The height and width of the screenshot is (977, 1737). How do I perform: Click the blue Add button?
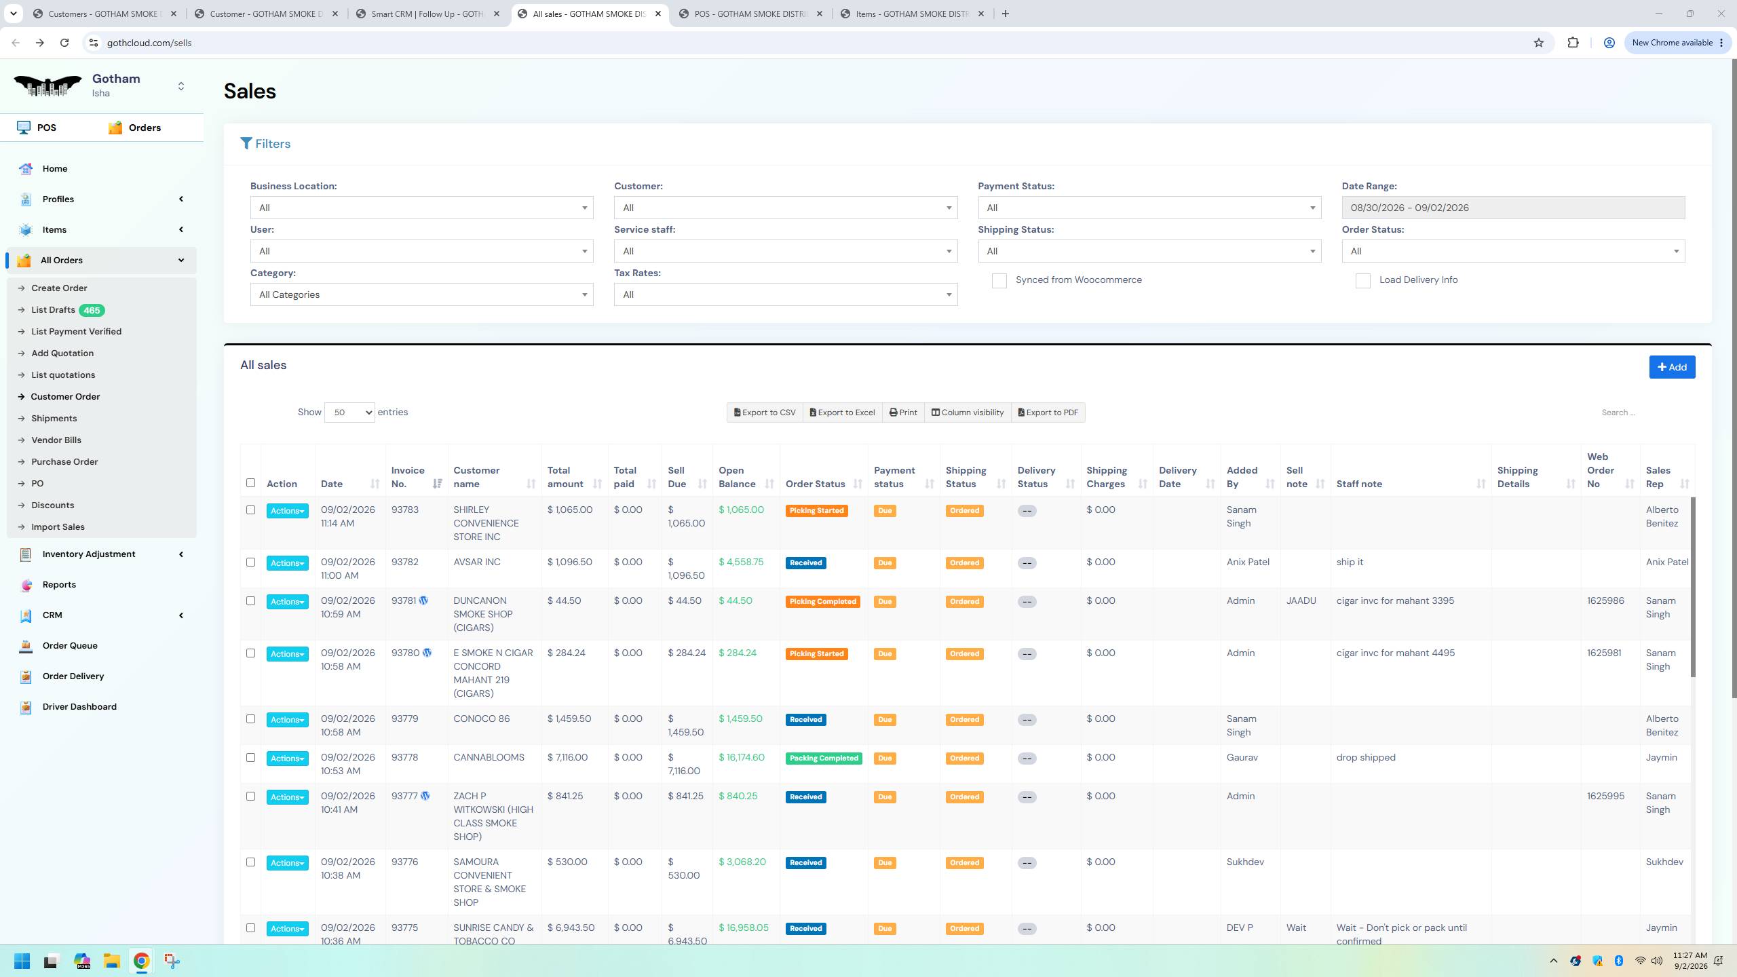(x=1672, y=367)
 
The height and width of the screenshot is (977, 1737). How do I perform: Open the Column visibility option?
(x=967, y=413)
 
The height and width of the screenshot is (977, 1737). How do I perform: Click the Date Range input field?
(x=1513, y=208)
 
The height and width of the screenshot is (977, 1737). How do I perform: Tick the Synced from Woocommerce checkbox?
(x=999, y=281)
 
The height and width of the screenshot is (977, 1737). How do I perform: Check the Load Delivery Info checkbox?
(x=1362, y=281)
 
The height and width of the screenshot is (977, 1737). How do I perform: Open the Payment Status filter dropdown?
(x=1149, y=208)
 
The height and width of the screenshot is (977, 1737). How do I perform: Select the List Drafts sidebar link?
(x=53, y=310)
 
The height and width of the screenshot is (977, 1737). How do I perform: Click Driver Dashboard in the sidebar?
(x=79, y=706)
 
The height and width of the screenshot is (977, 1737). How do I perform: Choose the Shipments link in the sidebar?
(x=54, y=419)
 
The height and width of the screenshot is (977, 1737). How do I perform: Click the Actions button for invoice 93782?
(x=287, y=563)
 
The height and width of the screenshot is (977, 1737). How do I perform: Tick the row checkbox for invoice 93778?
(x=250, y=758)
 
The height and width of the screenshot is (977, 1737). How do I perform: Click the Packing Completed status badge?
(x=824, y=759)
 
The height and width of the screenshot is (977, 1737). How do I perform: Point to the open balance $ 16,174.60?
(x=742, y=757)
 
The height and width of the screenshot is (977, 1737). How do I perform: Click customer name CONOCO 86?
(x=482, y=719)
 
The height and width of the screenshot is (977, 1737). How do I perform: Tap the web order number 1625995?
(x=1605, y=796)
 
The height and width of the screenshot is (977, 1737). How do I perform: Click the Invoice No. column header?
(x=408, y=477)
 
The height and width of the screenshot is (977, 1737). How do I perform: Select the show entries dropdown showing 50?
(x=349, y=413)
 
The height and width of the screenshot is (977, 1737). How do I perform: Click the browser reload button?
(x=64, y=43)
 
